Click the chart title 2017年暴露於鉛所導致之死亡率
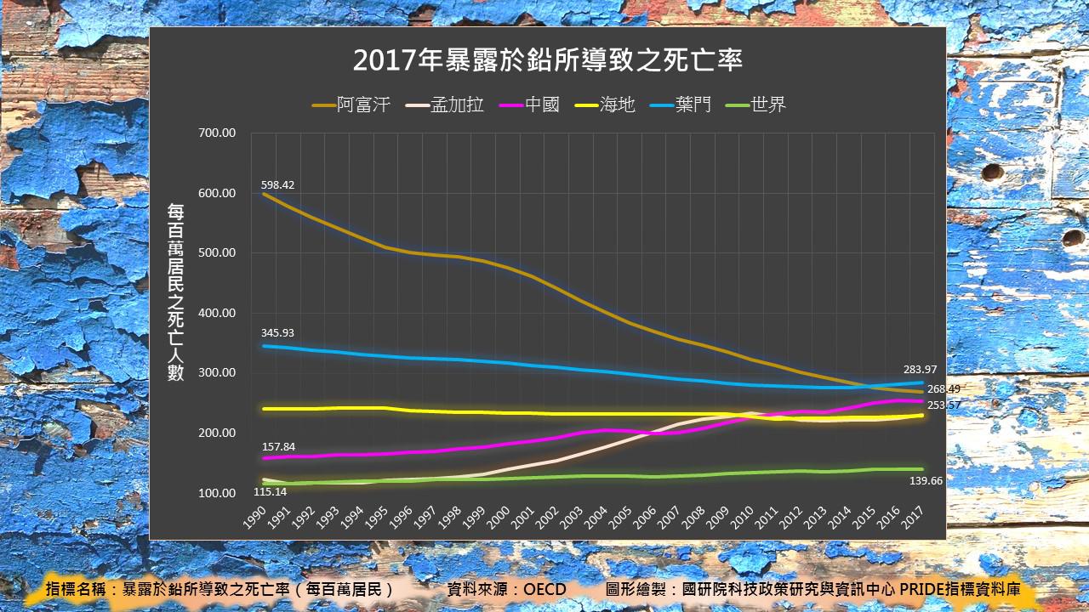[x=549, y=60]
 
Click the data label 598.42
[x=278, y=184]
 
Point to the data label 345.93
[x=278, y=332]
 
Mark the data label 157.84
[x=278, y=447]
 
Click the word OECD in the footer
[x=544, y=589]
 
